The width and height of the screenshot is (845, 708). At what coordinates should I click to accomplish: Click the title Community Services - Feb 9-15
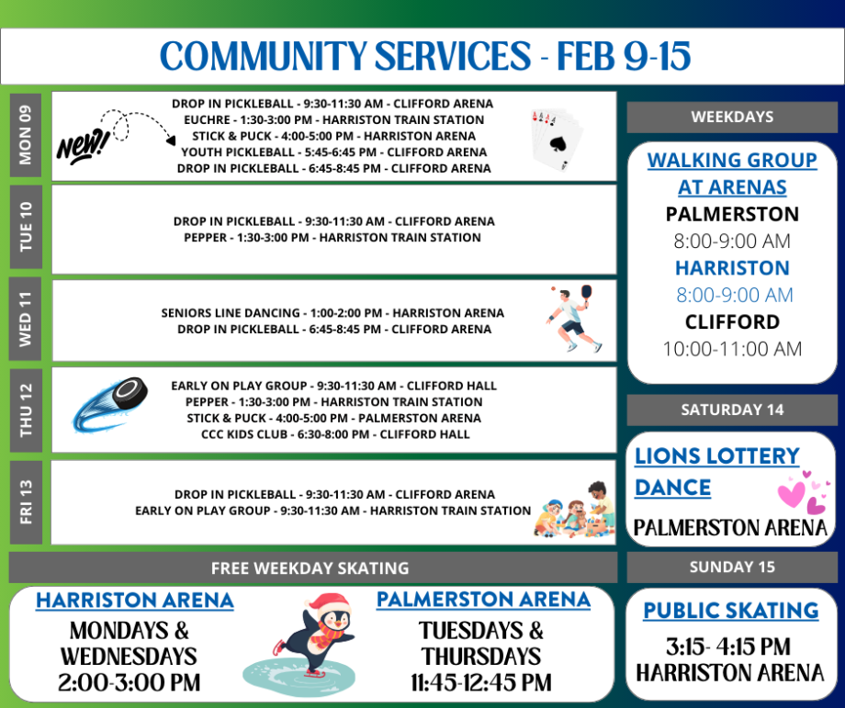(423, 57)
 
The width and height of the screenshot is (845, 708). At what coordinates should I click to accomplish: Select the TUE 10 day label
(25, 226)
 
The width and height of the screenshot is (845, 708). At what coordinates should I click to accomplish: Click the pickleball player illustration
(574, 319)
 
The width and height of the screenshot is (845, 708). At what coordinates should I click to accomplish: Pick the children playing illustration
(575, 510)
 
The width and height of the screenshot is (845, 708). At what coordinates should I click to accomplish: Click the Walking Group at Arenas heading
(732, 174)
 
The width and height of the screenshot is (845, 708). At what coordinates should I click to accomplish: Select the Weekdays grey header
(732, 118)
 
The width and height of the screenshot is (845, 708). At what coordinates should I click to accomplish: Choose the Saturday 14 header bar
(732, 410)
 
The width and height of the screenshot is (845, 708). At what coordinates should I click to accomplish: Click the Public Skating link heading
(731, 611)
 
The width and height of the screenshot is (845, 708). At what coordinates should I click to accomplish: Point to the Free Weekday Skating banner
(310, 568)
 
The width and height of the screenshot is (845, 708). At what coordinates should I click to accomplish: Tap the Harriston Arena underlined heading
(135, 601)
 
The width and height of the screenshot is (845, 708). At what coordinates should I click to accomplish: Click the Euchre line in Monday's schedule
(333, 119)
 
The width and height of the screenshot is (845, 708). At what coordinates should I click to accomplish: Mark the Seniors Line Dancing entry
(332, 313)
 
